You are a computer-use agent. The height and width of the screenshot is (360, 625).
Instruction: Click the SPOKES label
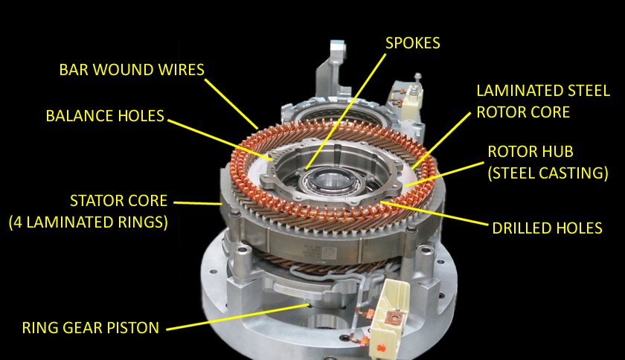[412, 43]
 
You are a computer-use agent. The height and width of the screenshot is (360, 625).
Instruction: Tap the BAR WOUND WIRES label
[132, 70]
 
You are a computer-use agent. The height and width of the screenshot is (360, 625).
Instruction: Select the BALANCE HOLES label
[105, 116]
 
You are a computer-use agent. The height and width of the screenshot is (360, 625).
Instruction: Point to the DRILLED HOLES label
[547, 228]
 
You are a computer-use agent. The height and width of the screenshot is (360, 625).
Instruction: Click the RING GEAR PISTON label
[91, 328]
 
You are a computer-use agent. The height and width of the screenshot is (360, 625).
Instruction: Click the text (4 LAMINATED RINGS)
[88, 222]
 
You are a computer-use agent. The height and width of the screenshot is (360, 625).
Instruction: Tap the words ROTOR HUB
[531, 152]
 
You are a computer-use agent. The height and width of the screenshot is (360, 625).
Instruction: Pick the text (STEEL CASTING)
[548, 173]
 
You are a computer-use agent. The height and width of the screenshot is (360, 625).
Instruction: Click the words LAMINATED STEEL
[543, 91]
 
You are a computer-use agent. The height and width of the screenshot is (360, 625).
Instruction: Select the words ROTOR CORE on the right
[523, 112]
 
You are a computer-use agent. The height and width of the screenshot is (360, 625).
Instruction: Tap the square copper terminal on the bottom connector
[394, 319]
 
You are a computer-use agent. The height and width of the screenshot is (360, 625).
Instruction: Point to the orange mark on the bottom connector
[380, 348]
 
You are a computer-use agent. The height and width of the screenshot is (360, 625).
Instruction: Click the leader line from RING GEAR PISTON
[238, 318]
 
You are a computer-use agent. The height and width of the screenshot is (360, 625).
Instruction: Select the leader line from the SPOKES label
[345, 112]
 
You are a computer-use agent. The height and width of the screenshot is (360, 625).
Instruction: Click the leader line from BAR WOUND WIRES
[231, 103]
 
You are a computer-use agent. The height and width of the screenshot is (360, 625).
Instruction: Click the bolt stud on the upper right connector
[417, 83]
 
